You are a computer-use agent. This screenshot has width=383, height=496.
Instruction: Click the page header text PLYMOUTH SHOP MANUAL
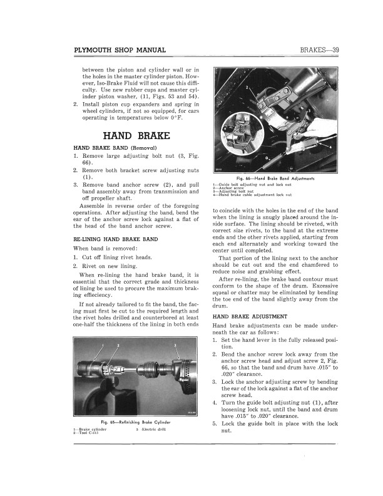(x=120, y=50)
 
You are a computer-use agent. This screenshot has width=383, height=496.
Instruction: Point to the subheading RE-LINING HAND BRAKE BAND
(x=115, y=240)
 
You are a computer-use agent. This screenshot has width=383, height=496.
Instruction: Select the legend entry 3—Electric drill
(x=153, y=429)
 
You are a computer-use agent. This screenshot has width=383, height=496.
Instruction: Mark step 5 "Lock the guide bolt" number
(x=215, y=424)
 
